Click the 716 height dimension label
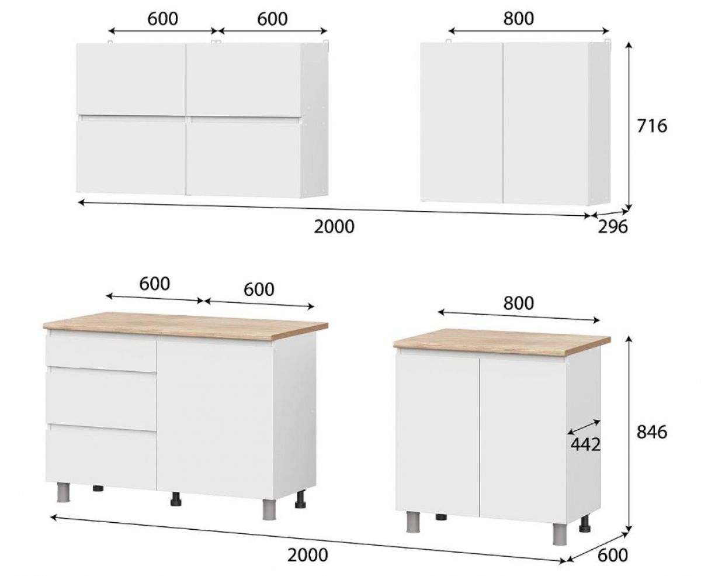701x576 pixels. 651,126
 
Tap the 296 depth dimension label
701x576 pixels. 613,227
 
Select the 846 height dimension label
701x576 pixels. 651,432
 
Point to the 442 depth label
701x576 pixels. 585,444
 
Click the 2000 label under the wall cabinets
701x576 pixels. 334,227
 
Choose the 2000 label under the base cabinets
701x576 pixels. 307,554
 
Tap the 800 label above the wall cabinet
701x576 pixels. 519,18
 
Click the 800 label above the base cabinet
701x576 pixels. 519,303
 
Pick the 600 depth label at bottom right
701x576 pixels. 613,555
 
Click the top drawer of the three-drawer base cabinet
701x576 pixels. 101,353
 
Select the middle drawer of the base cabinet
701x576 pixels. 101,398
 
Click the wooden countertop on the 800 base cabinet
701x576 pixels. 502,342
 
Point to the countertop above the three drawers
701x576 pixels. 185,326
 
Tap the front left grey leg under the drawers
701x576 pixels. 64,492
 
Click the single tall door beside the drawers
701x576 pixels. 216,420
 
